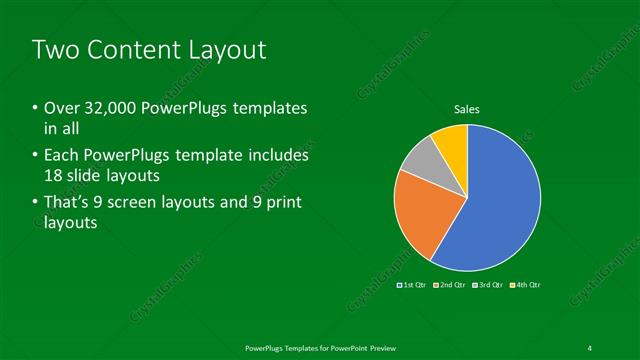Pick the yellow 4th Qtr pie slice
tap(452, 142)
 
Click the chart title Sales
tap(466, 108)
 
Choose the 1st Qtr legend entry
tap(413, 286)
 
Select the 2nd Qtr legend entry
tap(450, 286)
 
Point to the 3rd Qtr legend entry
tap(487, 286)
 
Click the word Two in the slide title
tap(57, 50)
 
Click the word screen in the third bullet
tap(160, 204)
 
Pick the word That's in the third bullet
tap(71, 204)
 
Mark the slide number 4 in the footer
tap(589, 347)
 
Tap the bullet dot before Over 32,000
tap(36, 108)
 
